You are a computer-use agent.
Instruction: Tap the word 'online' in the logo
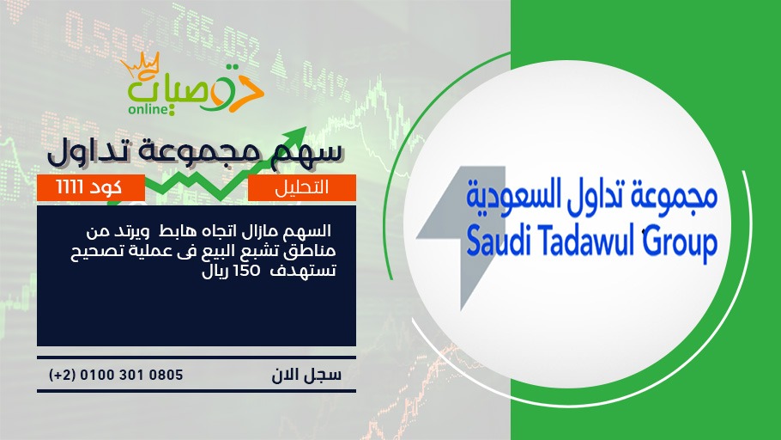pyautogui.click(x=148, y=109)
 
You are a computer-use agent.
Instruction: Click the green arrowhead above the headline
pyautogui.click(x=296, y=136)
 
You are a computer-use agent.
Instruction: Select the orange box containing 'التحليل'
pyautogui.click(x=302, y=187)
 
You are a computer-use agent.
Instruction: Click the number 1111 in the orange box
pyautogui.click(x=70, y=187)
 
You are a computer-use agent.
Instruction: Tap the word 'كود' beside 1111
pyautogui.click(x=105, y=187)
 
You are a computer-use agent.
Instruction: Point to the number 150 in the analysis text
pyautogui.click(x=248, y=271)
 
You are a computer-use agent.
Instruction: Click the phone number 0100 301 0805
pyautogui.click(x=131, y=375)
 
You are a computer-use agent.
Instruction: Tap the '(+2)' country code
pyautogui.click(x=63, y=375)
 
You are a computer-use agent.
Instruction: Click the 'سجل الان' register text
pyautogui.click(x=306, y=375)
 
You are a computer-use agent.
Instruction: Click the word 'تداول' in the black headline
pyautogui.click(x=85, y=152)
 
